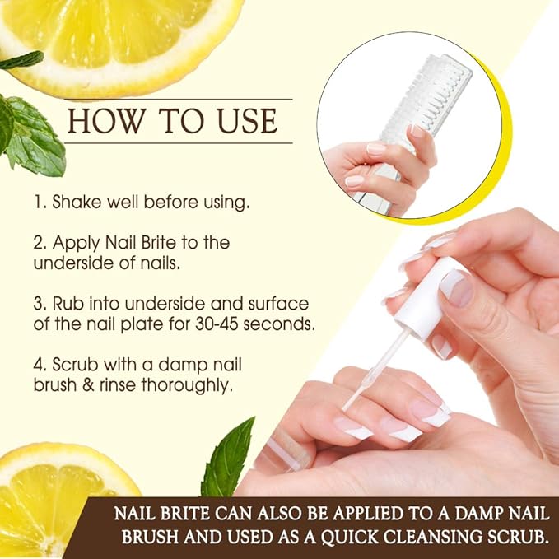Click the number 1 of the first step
[x=38, y=202]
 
